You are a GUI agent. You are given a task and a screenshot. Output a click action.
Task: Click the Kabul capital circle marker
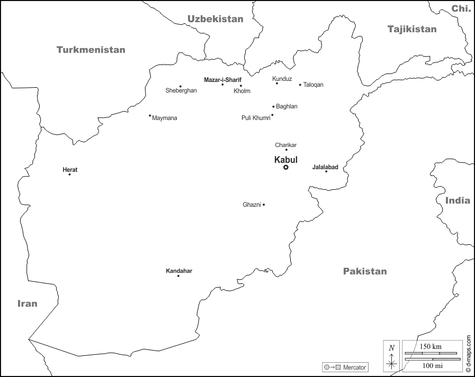(286, 167)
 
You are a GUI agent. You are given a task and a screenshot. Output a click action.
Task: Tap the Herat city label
(70, 170)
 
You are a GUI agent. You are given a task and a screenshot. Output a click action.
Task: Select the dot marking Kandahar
(178, 276)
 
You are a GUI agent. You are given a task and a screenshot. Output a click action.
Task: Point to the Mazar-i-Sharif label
(222, 80)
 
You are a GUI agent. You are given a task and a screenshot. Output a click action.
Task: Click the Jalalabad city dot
(326, 171)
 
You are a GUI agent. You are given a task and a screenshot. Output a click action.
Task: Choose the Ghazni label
(252, 205)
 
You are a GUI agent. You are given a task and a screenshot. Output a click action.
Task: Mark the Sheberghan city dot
(181, 86)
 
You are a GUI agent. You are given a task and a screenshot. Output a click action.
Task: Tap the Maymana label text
(165, 118)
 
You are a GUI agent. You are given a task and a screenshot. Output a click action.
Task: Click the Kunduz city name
(282, 79)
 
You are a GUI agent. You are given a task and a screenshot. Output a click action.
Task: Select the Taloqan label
(313, 85)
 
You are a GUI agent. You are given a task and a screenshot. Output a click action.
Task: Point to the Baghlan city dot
(273, 106)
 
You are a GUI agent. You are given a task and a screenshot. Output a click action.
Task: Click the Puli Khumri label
(256, 117)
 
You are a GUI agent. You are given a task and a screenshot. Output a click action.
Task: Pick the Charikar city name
(286, 145)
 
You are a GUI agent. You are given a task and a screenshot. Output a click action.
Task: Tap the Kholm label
(242, 91)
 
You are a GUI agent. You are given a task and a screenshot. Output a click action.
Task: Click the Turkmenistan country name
(91, 50)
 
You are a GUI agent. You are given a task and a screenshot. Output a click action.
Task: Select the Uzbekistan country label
(215, 19)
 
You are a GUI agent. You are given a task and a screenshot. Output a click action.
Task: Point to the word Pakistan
(365, 271)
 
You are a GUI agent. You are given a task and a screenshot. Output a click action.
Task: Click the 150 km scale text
(431, 346)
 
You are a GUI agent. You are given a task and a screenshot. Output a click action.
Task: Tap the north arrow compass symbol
(391, 355)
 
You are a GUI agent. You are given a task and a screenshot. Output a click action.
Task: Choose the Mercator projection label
(354, 367)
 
